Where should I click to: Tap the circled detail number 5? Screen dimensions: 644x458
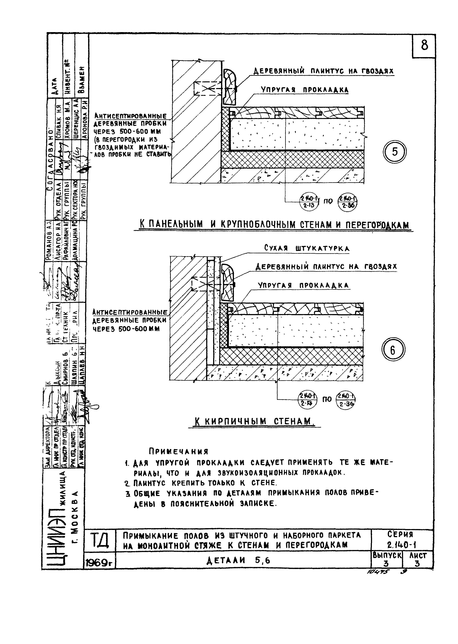coord(395,152)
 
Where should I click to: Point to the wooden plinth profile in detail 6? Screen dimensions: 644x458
coord(228,282)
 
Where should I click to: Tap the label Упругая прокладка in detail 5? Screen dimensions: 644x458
coord(304,90)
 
